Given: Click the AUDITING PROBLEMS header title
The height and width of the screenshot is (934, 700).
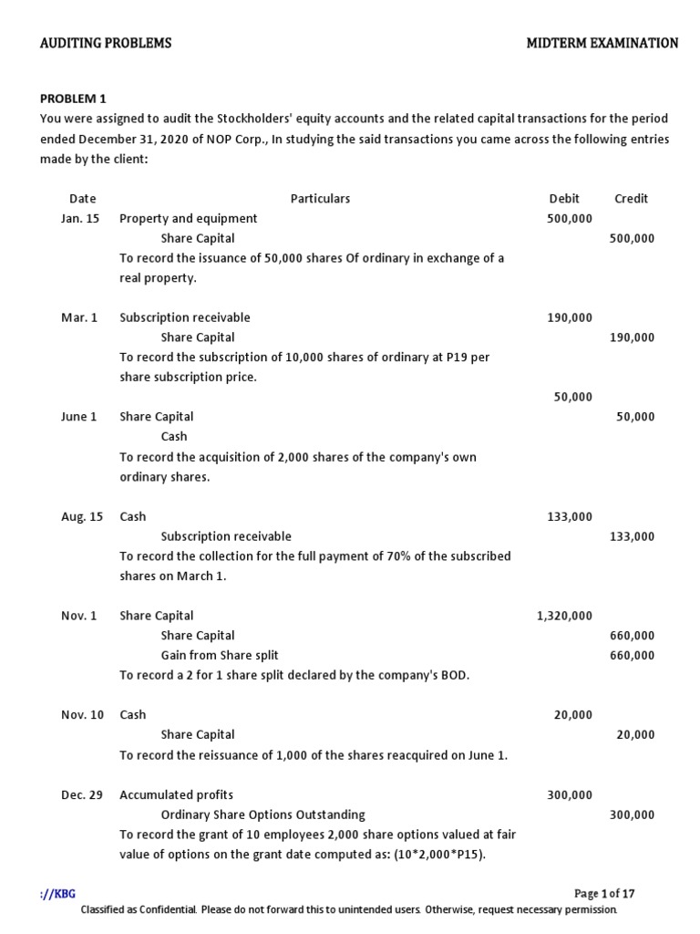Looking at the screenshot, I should point(106,43).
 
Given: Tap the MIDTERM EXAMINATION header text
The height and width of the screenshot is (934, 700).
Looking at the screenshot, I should point(602,43).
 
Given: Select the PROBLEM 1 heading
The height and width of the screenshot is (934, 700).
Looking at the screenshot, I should point(74,99).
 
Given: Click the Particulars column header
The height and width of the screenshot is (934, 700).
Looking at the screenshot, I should point(320,198).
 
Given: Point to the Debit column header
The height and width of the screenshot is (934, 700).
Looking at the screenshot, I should point(564,198).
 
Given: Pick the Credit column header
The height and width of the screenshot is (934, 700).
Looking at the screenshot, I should point(632,198).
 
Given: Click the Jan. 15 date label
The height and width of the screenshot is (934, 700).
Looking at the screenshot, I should point(80,218).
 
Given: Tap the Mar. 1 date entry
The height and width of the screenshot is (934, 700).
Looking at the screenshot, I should point(79,317).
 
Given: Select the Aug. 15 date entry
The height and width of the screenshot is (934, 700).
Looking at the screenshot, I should point(82,516).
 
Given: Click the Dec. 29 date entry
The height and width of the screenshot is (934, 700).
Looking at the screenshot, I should point(82,794).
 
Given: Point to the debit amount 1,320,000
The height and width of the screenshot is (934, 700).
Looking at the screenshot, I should point(564,616).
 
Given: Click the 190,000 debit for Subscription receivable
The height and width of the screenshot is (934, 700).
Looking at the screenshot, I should point(570,317).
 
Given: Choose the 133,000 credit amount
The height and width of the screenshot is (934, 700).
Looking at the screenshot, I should point(632,536).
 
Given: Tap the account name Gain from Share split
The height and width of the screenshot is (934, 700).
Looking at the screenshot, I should point(220,655).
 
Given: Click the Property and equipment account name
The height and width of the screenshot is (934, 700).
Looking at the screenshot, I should point(188,218).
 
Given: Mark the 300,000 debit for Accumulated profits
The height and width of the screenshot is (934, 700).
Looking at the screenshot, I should point(570,794).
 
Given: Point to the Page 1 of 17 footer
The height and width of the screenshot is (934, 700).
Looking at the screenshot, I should point(604,893).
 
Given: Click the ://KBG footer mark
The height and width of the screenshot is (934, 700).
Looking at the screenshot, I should point(57,893).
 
